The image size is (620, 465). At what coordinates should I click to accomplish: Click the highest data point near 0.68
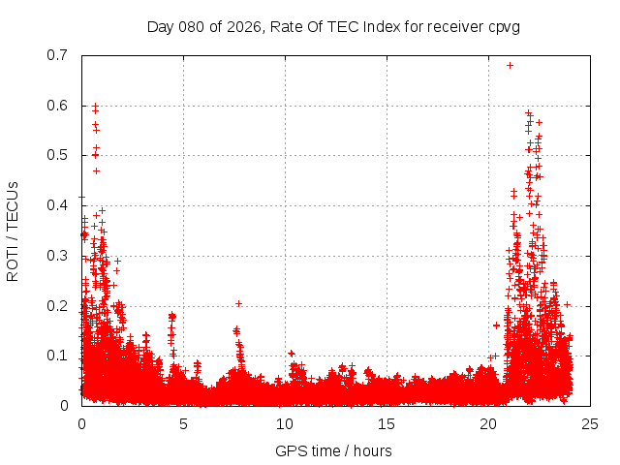point(510,66)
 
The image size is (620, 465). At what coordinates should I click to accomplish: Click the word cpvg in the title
point(502,27)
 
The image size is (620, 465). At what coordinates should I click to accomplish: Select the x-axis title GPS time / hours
point(333,450)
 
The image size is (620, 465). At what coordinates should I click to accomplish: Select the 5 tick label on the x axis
point(183,423)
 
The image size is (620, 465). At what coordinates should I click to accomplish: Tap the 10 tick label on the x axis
point(285,423)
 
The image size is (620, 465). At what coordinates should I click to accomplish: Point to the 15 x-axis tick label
point(387,423)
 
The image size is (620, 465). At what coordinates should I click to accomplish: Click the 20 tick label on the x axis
point(488,423)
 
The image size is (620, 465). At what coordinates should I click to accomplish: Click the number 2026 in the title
point(241,27)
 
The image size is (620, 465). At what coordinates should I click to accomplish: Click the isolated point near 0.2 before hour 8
point(238,304)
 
